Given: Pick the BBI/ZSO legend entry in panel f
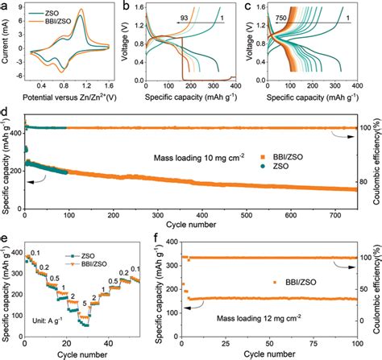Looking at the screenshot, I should pos(296,282).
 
